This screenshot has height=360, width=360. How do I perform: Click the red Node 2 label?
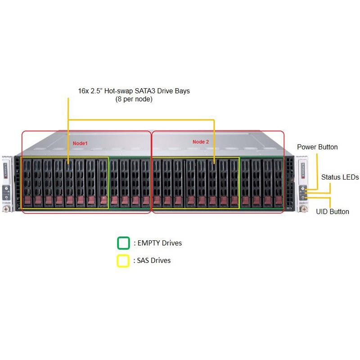click(x=201, y=142)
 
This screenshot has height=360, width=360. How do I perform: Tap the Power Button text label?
click(x=317, y=147)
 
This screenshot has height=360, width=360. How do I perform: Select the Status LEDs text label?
click(x=340, y=177)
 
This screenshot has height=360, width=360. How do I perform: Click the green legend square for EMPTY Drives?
click(x=123, y=243)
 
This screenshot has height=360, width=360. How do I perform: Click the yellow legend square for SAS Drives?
click(x=123, y=261)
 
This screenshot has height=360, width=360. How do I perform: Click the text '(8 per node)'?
click(x=134, y=99)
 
